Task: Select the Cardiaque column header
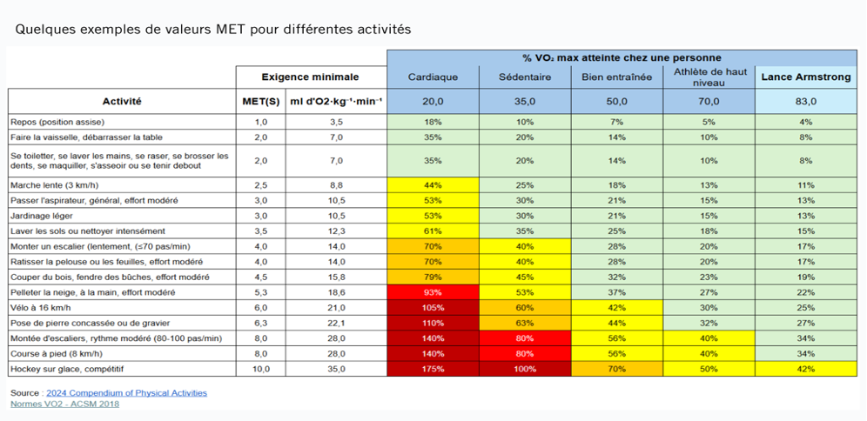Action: [x=433, y=77]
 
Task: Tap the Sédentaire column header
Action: [x=525, y=77]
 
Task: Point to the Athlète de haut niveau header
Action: [x=708, y=77]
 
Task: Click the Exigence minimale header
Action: [x=312, y=77]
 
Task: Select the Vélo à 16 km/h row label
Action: [x=41, y=307]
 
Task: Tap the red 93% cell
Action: [x=433, y=291]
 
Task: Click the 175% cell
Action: [x=433, y=369]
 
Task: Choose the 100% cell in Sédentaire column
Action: [x=525, y=369]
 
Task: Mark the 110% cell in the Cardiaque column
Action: [x=433, y=323]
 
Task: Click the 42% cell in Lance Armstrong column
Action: [x=805, y=369]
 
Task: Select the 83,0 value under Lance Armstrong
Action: [x=805, y=101]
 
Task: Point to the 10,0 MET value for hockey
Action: [x=260, y=369]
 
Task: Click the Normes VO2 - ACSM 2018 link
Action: [x=64, y=404]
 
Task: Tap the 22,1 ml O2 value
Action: [x=336, y=323]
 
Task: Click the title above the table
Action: [x=212, y=29]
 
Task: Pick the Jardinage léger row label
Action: [x=43, y=215]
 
